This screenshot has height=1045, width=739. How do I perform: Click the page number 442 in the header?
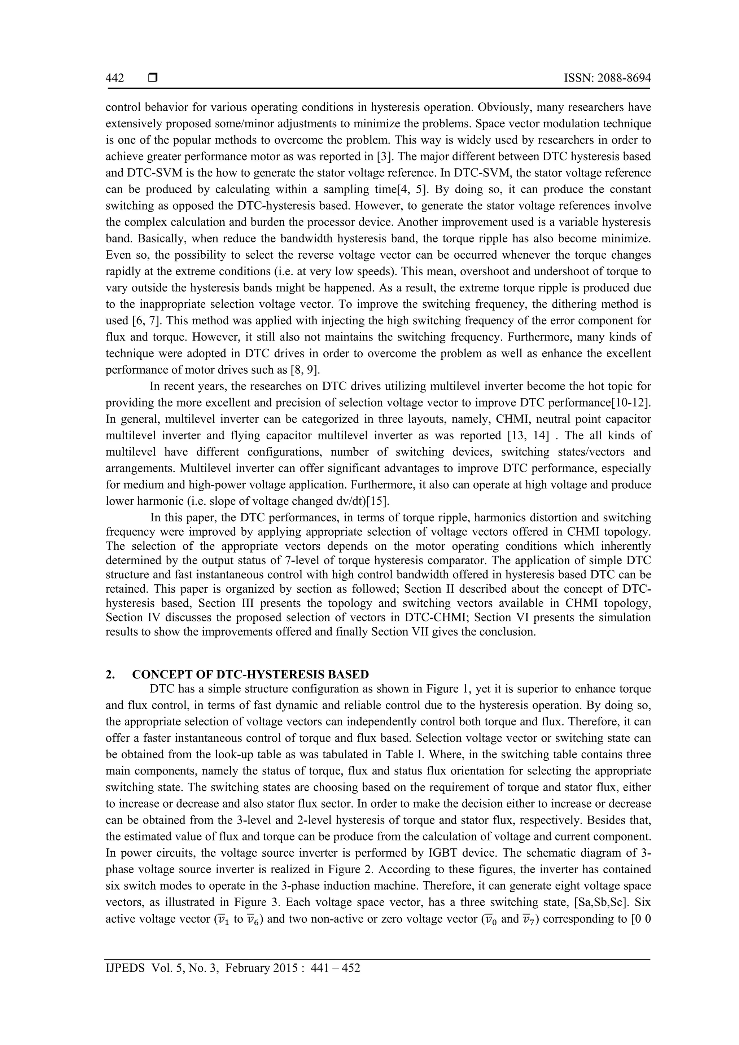tap(115, 78)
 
